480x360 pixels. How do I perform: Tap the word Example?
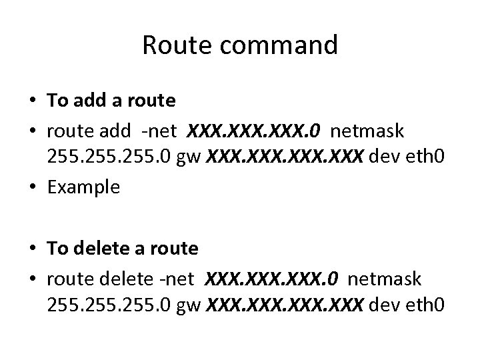[83, 187]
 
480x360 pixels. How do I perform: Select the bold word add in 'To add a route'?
[87, 101]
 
